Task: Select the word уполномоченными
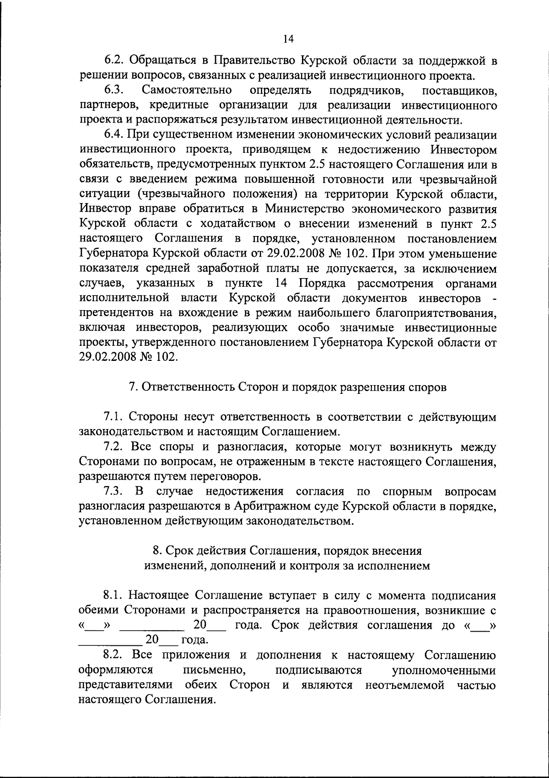coord(444,670)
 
